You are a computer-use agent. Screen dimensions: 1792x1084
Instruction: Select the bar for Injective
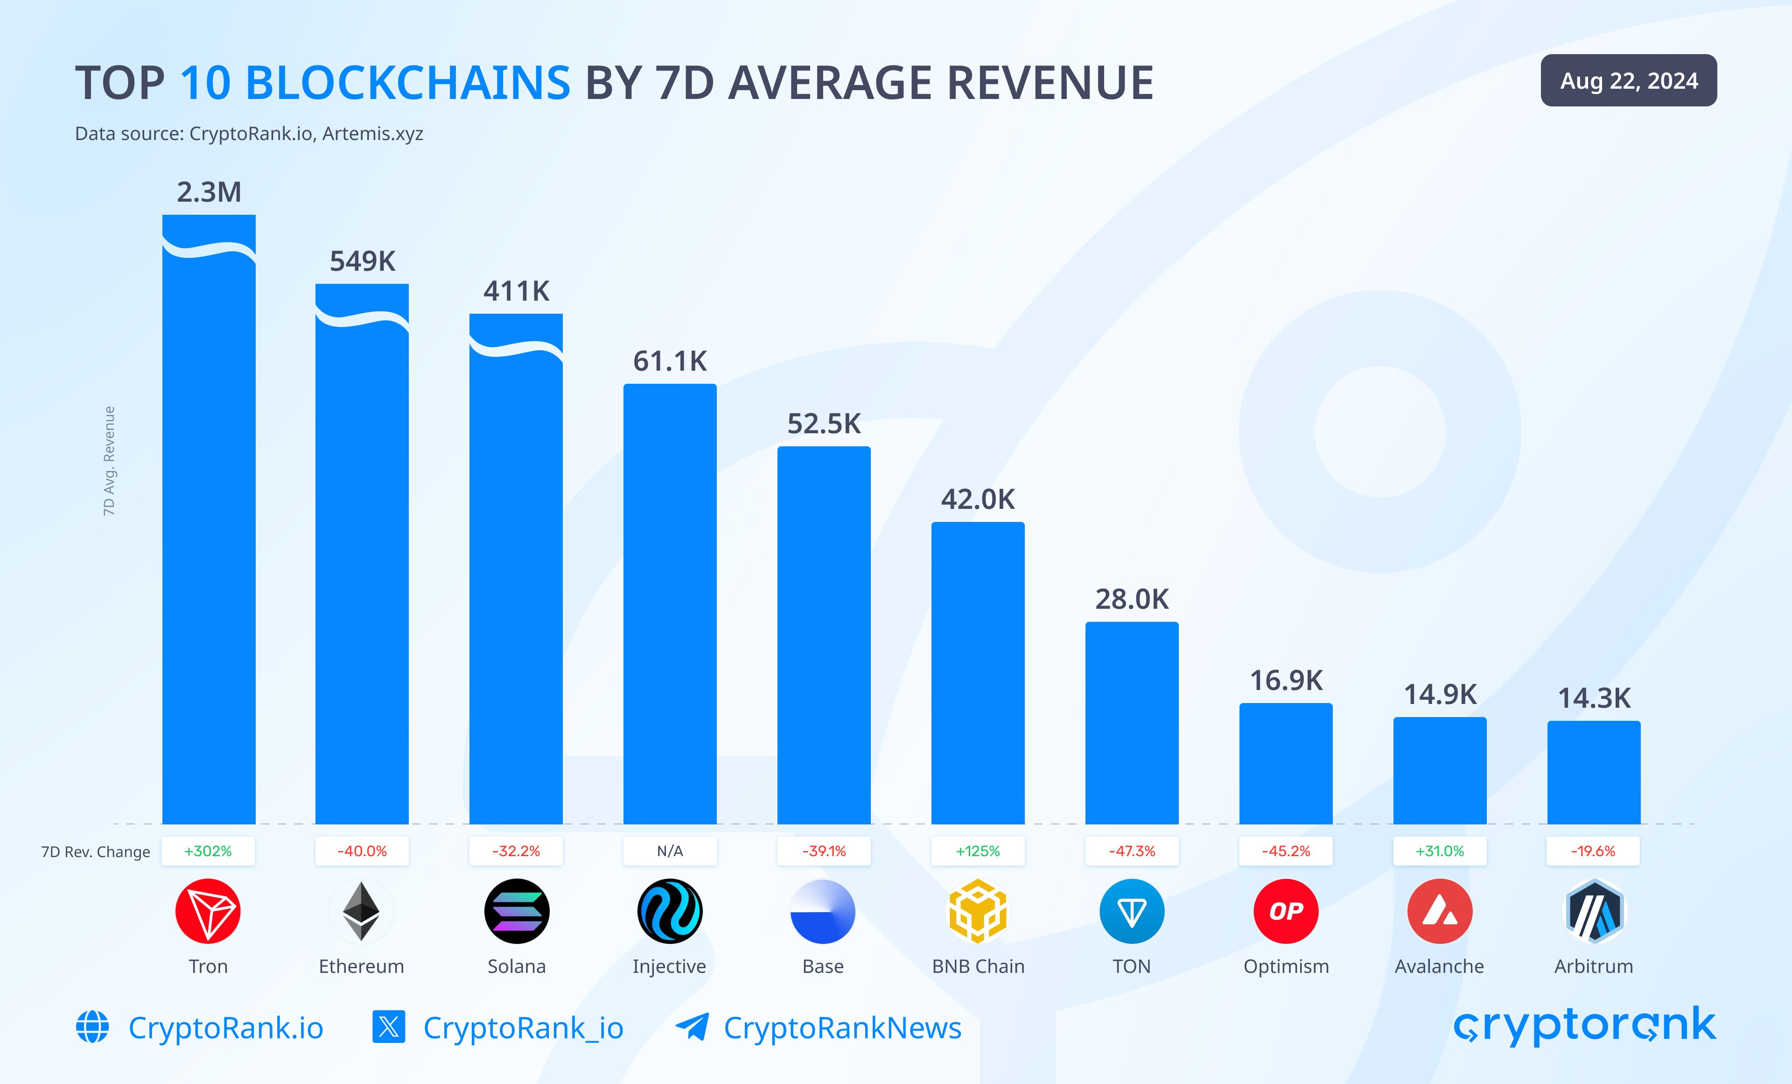click(670, 604)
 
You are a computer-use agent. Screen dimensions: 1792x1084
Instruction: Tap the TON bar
click(1132, 723)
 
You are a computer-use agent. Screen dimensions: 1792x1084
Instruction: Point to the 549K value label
click(362, 261)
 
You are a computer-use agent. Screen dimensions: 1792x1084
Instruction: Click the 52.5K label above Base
click(824, 423)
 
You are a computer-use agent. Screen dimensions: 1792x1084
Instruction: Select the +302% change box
click(208, 851)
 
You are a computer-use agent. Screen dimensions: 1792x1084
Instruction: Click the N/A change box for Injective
click(670, 851)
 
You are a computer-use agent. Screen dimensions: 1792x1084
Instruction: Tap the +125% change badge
click(978, 851)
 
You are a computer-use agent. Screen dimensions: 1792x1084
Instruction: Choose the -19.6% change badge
click(1594, 851)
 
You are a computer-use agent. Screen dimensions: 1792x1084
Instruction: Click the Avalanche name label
click(1439, 966)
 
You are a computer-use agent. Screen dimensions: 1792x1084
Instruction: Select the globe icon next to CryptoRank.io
click(92, 1027)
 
